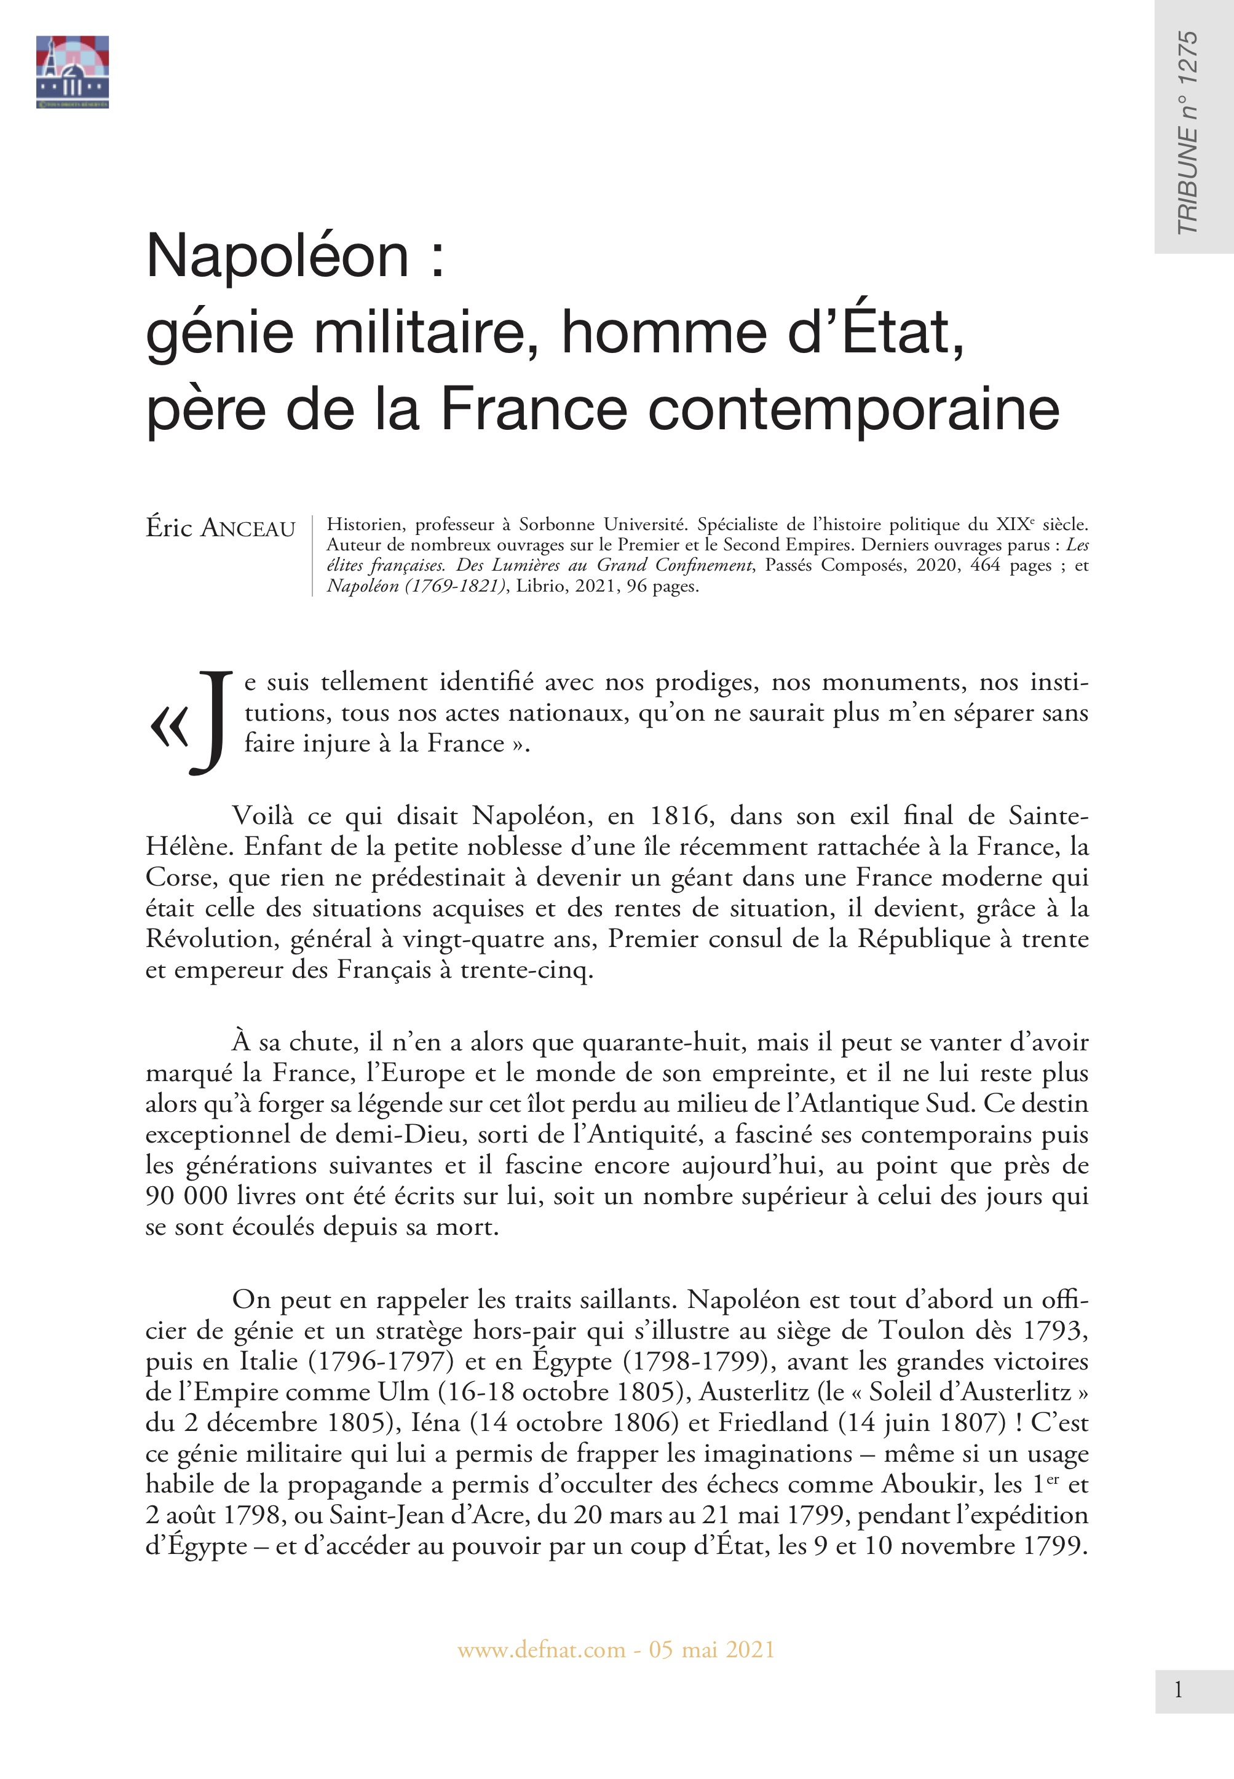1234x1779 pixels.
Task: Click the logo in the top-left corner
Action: pos(72,71)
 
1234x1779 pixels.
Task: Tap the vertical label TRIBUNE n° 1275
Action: pos(1187,133)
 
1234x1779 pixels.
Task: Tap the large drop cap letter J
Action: pos(211,721)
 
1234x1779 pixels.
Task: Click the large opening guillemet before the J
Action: pos(169,728)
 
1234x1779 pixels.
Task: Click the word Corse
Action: pos(177,877)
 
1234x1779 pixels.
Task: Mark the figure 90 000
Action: pos(186,1195)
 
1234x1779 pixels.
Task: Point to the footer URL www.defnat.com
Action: pos(541,1650)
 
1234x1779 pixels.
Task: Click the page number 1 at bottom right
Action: pos(1178,1690)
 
